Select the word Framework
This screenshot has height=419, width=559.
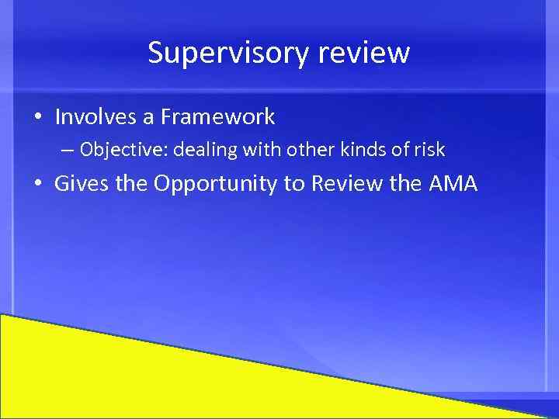(217, 117)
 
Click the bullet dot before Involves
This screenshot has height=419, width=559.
(38, 118)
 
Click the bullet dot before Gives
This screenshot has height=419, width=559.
(38, 185)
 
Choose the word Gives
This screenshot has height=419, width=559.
(82, 184)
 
